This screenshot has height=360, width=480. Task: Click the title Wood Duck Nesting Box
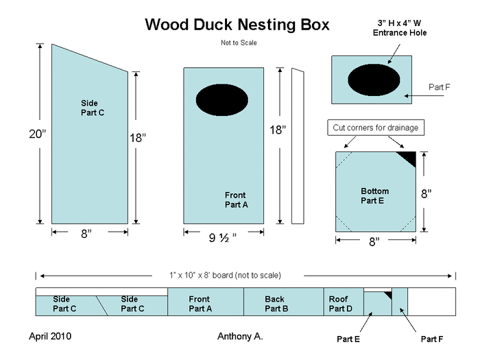(237, 25)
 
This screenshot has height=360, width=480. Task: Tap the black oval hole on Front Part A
(222, 101)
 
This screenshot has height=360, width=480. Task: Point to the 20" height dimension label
(38, 134)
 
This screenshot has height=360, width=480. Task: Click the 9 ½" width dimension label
(223, 238)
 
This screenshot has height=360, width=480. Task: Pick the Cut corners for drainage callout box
(374, 128)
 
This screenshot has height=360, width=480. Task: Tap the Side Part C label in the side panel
(93, 108)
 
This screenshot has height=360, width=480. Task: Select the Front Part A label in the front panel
(236, 200)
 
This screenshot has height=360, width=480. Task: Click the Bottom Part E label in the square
(374, 195)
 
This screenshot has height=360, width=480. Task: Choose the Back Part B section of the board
(283, 303)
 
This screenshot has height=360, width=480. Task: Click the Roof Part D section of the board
(342, 303)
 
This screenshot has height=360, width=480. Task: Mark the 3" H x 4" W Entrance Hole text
(398, 27)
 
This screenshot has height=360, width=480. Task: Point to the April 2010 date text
(50, 337)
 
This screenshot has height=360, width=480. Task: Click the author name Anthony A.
(240, 337)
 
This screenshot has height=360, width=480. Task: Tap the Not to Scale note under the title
(238, 43)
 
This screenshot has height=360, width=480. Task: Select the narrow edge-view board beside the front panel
(297, 146)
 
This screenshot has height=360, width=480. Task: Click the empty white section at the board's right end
(431, 302)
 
